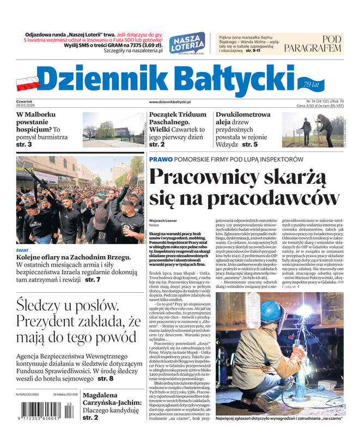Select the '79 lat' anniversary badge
coord(312,84)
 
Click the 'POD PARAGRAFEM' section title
coord(320,44)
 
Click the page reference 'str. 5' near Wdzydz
coord(250,144)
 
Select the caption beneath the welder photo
coord(279,419)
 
